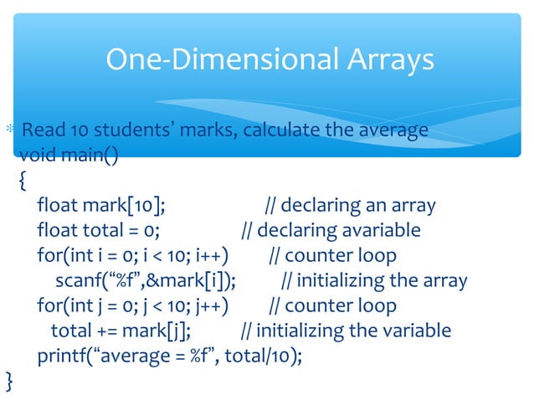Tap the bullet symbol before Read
tap(9, 131)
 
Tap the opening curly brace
tap(22, 180)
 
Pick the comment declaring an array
tap(351, 205)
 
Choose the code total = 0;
tap(122, 230)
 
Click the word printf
tap(65, 356)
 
